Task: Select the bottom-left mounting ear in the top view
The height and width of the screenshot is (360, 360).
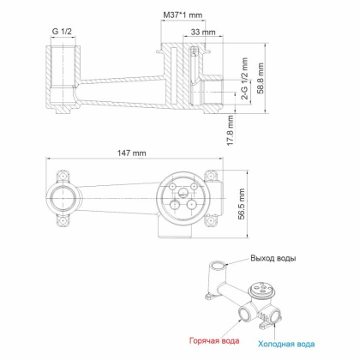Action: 63,230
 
